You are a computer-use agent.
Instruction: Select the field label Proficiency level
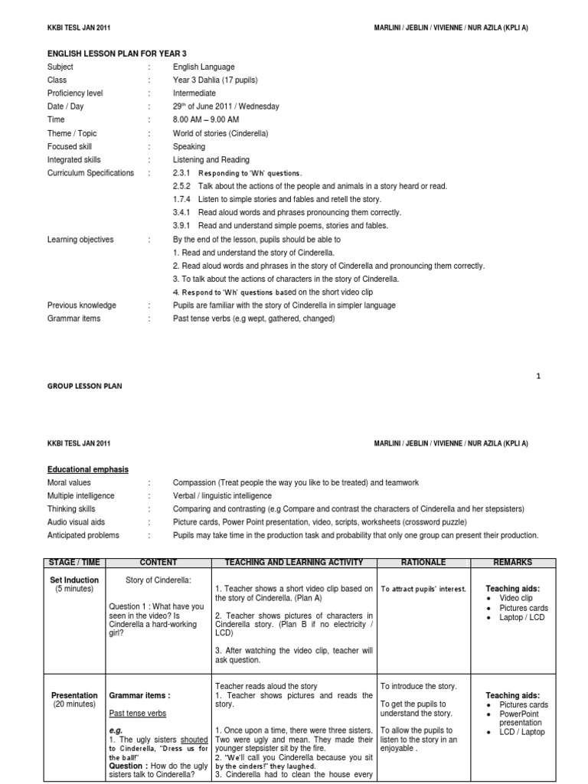coord(75,93)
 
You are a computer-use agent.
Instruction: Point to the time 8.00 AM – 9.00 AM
coord(206,119)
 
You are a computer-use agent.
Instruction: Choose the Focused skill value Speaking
coord(189,146)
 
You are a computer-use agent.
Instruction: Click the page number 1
coord(538,376)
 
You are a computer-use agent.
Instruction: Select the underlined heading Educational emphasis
coord(88,469)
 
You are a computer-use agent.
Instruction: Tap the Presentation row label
coord(73,696)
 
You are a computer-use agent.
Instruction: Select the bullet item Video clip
coord(516,598)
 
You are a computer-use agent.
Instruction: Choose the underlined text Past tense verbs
coord(137,714)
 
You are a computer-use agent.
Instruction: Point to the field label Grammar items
coord(73,318)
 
